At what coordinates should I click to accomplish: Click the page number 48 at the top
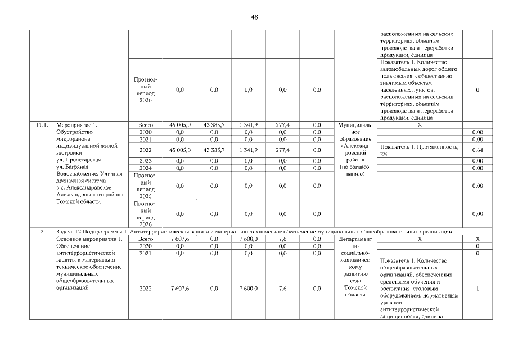point(254,17)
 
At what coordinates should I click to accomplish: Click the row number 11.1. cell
point(41,124)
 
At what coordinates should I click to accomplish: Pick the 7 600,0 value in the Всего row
point(248,238)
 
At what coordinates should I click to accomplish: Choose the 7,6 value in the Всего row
point(282,238)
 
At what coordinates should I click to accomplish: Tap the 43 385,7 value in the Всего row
point(214,124)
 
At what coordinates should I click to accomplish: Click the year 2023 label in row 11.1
point(146,160)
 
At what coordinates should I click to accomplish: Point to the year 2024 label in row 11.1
point(146,168)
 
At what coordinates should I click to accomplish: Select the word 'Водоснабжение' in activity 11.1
point(79,174)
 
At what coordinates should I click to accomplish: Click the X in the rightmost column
point(478,238)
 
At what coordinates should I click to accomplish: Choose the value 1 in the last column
point(478,289)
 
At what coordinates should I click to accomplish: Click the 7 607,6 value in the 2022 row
point(180,289)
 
